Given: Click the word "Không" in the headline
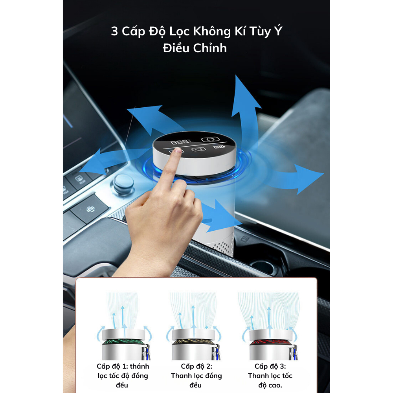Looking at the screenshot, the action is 212,32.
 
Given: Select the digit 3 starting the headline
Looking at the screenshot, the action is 114,31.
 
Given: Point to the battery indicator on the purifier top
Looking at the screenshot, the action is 218,147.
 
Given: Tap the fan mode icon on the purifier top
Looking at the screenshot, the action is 210,139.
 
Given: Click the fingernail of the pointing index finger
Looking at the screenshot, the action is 178,151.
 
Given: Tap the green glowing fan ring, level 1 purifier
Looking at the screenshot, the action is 123,342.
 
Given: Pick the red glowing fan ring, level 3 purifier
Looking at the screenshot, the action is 271,342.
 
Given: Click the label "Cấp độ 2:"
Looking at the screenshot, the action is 196,366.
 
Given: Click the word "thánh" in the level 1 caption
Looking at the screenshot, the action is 140,366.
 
